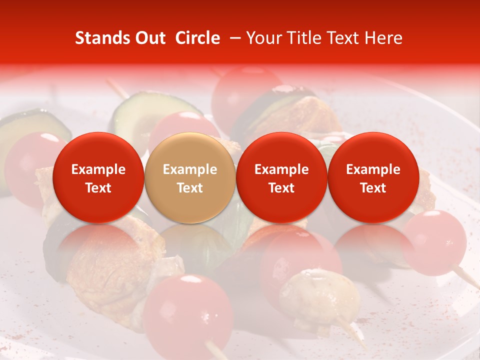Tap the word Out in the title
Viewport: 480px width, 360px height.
(x=149, y=38)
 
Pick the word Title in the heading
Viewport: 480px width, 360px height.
(x=301, y=38)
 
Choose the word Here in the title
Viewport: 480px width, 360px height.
(x=385, y=38)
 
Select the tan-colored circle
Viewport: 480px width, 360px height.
(x=190, y=177)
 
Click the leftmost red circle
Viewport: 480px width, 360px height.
(x=98, y=177)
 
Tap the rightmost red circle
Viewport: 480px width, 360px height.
(x=373, y=177)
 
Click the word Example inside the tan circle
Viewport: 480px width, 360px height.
(x=190, y=169)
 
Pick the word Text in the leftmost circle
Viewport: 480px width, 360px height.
(x=98, y=188)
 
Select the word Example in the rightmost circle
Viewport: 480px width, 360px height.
(x=373, y=169)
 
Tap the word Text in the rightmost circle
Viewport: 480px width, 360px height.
(x=373, y=188)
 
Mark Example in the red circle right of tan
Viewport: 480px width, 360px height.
(x=281, y=169)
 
